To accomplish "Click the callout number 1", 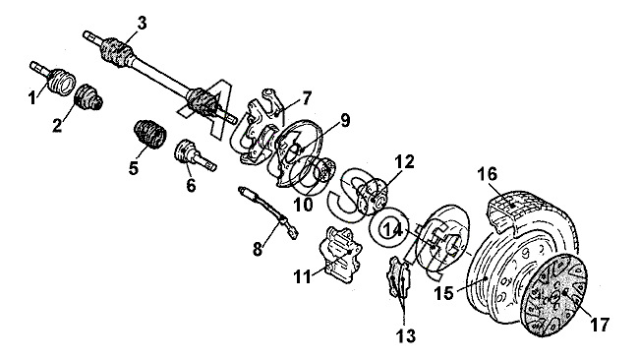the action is tap(32, 97).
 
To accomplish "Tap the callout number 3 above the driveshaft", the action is tap(141, 24).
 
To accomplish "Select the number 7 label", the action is tap(307, 98).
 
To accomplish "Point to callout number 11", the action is tap(303, 276).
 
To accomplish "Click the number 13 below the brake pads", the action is tap(405, 336).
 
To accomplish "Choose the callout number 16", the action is tap(488, 174).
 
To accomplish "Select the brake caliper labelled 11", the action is tap(341, 255).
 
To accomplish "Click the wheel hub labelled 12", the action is tap(371, 196).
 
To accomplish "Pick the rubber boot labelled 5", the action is tap(150, 134).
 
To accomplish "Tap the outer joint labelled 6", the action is tap(195, 154).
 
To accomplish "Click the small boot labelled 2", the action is tap(88, 97).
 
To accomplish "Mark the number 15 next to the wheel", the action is tap(443, 293).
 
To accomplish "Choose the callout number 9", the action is tap(345, 121).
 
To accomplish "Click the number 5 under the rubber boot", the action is tap(134, 167).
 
